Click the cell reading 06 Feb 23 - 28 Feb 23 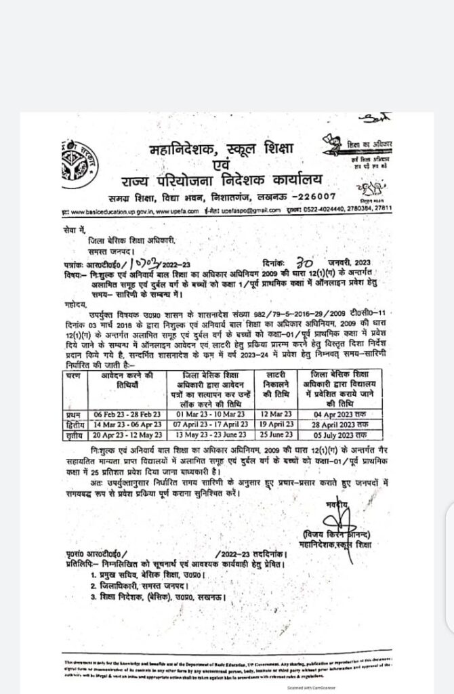point(126,413)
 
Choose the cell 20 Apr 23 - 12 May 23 point(126,434)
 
